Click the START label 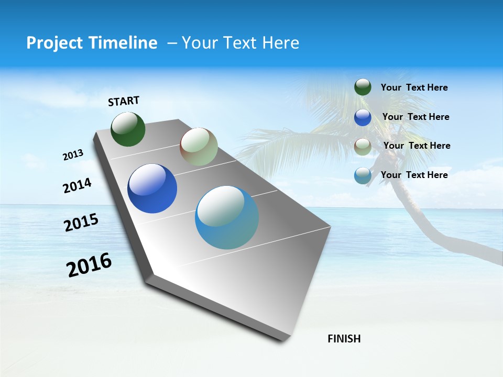pyautogui.click(x=124, y=101)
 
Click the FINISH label pyautogui.click(x=344, y=339)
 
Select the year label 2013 pyautogui.click(x=73, y=155)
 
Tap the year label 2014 pyautogui.click(x=77, y=185)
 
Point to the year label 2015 pyautogui.click(x=81, y=223)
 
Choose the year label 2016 pyautogui.click(x=89, y=265)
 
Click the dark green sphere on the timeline pyautogui.click(x=128, y=129)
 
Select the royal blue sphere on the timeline pyautogui.click(x=152, y=188)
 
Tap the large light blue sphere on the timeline pyautogui.click(x=227, y=217)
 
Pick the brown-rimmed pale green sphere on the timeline pyautogui.click(x=199, y=147)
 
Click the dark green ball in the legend pyautogui.click(x=363, y=87)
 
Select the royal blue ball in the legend pyautogui.click(x=363, y=117)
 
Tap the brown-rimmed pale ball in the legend pyautogui.click(x=363, y=146)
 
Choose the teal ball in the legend pyautogui.click(x=363, y=175)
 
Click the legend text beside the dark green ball pyautogui.click(x=414, y=87)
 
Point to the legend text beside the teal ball pyautogui.click(x=414, y=175)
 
